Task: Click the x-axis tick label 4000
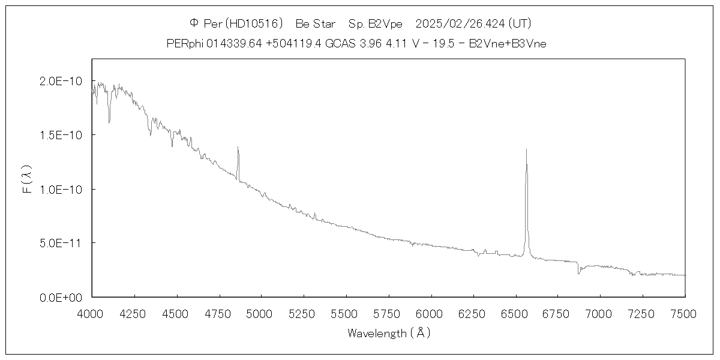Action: [91, 314]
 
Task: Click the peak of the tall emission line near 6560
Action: [526, 149]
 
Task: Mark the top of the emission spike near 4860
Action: [238, 147]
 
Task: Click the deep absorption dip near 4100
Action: [109, 122]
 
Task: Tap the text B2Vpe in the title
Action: [383, 23]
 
